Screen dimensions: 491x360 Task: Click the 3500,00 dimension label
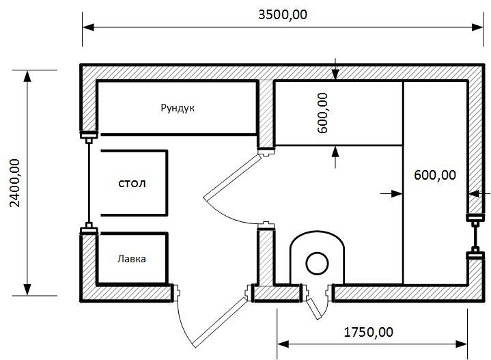click(x=283, y=15)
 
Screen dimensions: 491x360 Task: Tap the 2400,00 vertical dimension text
click(x=15, y=183)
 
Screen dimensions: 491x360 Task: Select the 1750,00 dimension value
click(x=368, y=332)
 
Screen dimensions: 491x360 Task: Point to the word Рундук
click(x=178, y=108)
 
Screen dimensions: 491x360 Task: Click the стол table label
click(x=132, y=183)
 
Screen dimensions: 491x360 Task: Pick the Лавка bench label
click(x=132, y=259)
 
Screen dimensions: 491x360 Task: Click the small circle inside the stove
click(x=317, y=264)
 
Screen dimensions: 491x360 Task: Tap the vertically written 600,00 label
click(x=322, y=113)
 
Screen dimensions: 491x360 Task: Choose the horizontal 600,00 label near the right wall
click(x=434, y=175)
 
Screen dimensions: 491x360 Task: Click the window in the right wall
click(x=475, y=237)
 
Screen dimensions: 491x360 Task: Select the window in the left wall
click(x=89, y=182)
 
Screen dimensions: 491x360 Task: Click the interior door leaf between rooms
click(x=232, y=178)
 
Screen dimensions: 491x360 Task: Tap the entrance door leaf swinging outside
click(x=219, y=322)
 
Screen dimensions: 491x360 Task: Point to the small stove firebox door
click(x=314, y=309)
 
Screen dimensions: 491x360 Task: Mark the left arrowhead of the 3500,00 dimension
click(x=88, y=27)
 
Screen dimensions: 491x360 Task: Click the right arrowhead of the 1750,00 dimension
click(x=462, y=344)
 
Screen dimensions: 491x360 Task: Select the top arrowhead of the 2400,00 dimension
click(x=27, y=76)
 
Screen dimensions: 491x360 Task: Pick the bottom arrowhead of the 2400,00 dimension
click(x=27, y=290)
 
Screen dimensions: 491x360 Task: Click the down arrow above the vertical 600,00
click(x=335, y=74)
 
